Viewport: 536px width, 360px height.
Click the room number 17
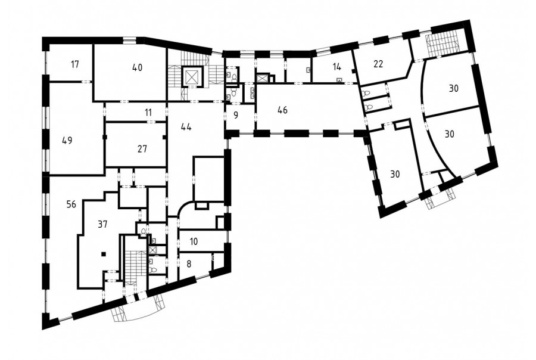click(75, 64)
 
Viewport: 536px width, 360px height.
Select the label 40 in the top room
click(137, 67)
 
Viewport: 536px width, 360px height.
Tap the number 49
click(67, 140)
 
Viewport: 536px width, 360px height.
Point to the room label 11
click(148, 112)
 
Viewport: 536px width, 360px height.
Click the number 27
click(142, 149)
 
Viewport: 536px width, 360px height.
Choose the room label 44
click(186, 127)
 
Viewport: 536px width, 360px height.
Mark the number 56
click(71, 204)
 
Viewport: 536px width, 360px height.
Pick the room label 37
click(102, 224)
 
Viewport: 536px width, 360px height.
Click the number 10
click(194, 242)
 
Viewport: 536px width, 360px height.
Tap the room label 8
click(189, 264)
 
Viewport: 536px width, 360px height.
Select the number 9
click(236, 115)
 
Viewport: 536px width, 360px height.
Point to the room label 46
click(283, 110)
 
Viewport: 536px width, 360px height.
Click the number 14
click(336, 67)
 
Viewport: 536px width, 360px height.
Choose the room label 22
click(378, 64)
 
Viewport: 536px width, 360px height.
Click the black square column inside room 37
click(104, 253)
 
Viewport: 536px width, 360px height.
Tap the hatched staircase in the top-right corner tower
click(442, 43)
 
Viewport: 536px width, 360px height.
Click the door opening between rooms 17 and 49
click(86, 82)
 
